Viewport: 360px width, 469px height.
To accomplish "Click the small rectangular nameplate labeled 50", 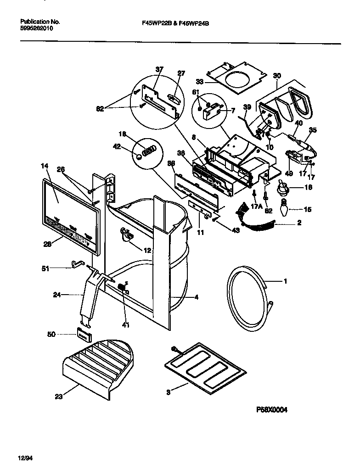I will point(83,335).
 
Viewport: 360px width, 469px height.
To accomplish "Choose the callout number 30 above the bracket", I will point(276,76).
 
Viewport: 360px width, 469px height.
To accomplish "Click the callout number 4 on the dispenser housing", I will point(196,297).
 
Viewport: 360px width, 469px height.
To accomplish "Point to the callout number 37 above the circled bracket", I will point(159,70).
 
